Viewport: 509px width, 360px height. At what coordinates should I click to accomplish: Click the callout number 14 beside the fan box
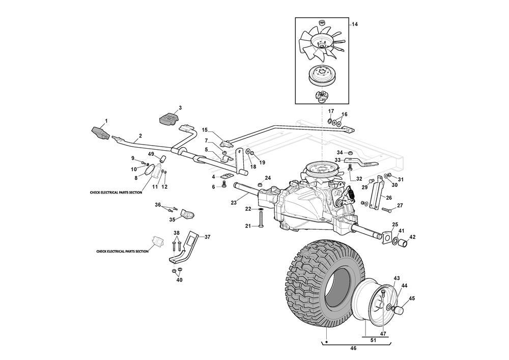(x=354, y=24)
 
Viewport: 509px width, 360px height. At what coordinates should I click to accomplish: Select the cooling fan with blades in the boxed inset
(x=321, y=43)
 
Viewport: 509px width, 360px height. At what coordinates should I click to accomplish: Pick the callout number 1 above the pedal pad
(x=106, y=121)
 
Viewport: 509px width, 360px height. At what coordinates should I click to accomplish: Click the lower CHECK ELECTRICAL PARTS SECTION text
(x=123, y=251)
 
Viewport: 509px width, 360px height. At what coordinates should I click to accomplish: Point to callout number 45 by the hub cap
(x=412, y=298)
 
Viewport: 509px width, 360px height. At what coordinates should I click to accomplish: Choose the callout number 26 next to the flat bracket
(x=389, y=198)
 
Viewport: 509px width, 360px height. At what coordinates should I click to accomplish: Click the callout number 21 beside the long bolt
(x=248, y=226)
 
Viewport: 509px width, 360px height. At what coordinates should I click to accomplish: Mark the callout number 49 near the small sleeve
(x=151, y=154)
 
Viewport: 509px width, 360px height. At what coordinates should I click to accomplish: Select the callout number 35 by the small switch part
(x=172, y=219)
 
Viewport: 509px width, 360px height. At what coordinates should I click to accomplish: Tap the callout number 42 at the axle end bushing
(x=413, y=237)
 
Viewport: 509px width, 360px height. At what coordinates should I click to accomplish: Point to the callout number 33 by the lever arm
(x=337, y=160)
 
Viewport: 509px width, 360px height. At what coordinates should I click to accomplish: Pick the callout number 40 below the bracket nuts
(x=179, y=280)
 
